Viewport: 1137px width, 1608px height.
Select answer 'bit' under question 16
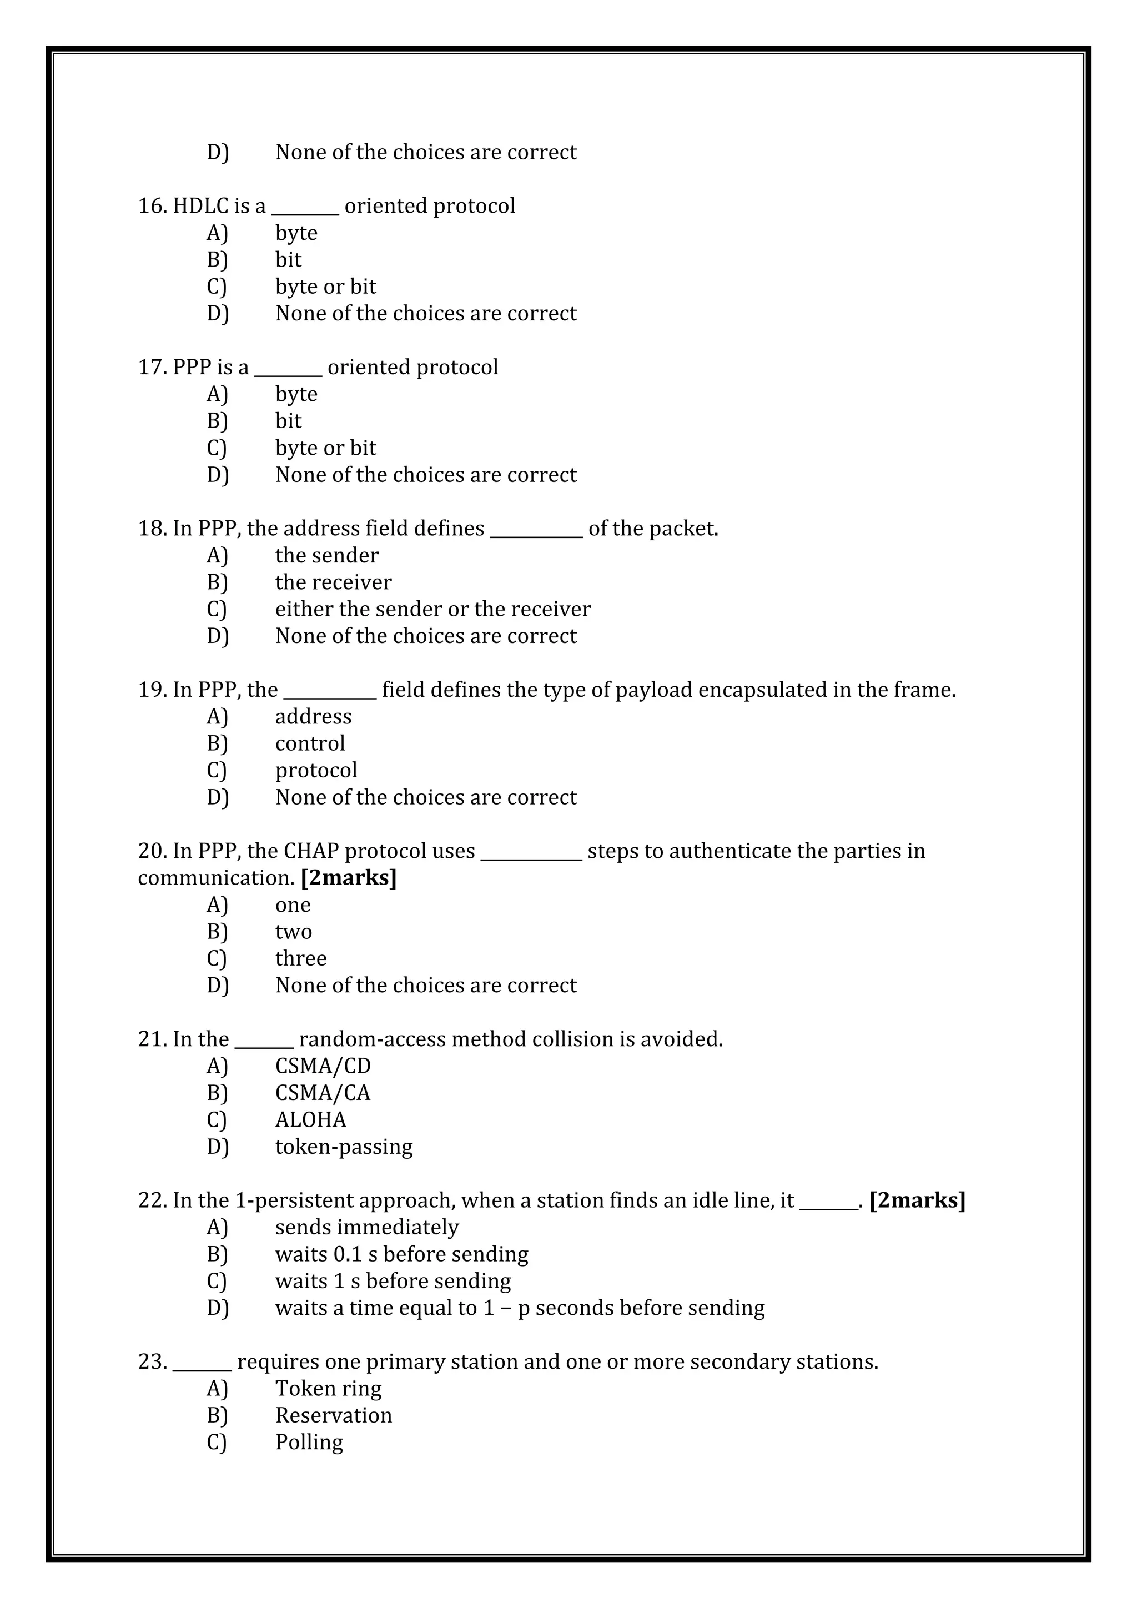coord(288,260)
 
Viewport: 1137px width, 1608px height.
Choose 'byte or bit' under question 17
coord(325,448)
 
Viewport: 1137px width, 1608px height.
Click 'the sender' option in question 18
coord(326,555)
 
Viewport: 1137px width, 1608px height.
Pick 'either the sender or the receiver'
coord(432,609)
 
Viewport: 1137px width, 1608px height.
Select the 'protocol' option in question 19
coord(316,770)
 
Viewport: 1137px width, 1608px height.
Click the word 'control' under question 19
coord(310,743)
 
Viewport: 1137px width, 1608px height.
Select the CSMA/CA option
coord(323,1093)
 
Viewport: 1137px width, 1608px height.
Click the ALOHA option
coord(310,1120)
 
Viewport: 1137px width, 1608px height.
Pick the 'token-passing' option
coord(344,1147)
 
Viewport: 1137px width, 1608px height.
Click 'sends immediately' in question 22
coord(367,1227)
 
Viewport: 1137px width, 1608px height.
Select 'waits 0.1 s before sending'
coord(402,1254)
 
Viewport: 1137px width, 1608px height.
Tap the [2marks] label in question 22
coord(917,1200)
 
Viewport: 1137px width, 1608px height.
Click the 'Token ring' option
coord(328,1388)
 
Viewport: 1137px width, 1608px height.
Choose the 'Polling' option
coord(309,1442)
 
